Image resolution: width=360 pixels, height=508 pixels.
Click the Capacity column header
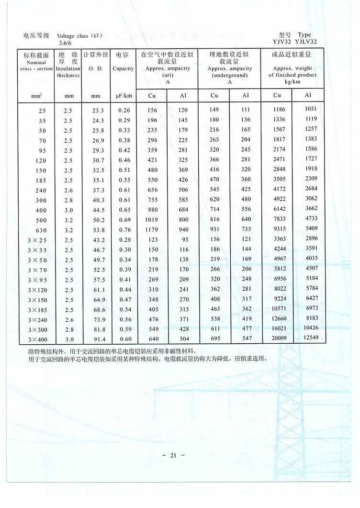coord(123,68)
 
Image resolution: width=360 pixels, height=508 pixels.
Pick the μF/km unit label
coord(123,96)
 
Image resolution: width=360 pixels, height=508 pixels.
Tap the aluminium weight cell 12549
coord(310,338)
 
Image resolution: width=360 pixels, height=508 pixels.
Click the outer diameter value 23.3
coord(98,110)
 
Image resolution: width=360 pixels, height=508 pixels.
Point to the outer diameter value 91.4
coord(98,339)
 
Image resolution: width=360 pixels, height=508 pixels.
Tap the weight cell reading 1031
coord(311,109)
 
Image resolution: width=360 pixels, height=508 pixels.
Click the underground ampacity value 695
coord(215,339)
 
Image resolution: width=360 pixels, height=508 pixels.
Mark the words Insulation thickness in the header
coord(68,72)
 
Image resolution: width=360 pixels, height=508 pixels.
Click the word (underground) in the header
coord(229,75)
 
